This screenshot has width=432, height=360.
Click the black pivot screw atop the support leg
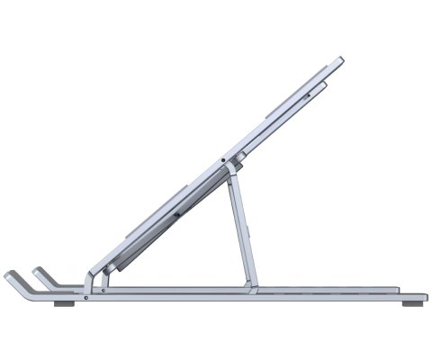tap(222, 161)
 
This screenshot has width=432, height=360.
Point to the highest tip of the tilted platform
tap(340, 60)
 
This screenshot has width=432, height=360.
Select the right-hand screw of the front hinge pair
tap(104, 291)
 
